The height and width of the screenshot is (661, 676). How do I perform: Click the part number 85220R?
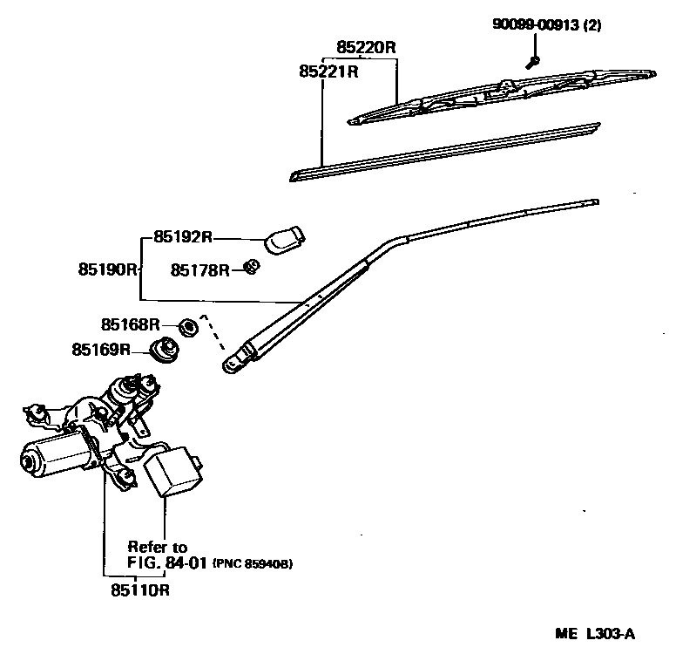367,47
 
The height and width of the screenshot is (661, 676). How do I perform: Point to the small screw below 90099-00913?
533,61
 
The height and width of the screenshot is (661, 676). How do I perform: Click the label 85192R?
183,236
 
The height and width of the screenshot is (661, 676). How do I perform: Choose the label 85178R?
199,270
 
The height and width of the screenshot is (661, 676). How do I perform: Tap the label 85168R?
130,325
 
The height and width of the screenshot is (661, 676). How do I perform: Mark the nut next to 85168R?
186,327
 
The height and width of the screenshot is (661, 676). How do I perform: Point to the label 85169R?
101,350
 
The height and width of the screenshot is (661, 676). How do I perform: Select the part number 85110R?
139,590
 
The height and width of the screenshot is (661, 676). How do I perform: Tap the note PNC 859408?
253,564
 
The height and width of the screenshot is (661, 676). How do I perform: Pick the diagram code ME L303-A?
595,634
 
